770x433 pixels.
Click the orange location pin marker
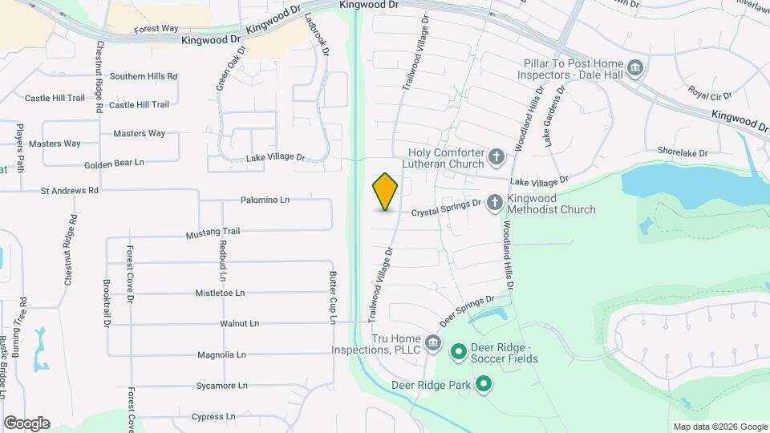(x=386, y=192)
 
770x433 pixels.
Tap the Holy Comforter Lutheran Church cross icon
(x=497, y=157)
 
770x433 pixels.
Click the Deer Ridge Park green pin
(x=483, y=386)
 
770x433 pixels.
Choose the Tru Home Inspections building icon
(x=433, y=344)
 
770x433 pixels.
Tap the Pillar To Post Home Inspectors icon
(x=635, y=67)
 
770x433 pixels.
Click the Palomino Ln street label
(x=264, y=199)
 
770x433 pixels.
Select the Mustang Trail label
(x=213, y=233)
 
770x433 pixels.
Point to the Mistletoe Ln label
(x=225, y=293)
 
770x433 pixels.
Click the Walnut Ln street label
(x=239, y=324)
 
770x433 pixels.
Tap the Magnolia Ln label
(x=221, y=354)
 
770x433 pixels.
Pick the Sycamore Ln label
(x=217, y=386)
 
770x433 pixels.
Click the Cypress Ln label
(x=213, y=417)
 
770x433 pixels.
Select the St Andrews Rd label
(x=70, y=191)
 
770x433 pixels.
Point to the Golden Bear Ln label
(x=114, y=163)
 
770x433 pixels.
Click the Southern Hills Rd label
(x=144, y=76)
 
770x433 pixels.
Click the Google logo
(x=26, y=423)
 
